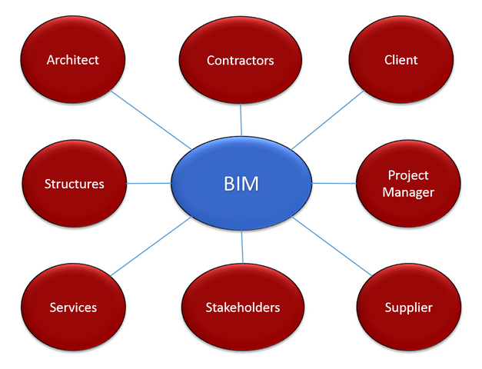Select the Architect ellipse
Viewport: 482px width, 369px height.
73,59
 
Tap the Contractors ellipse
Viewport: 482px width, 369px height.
241,60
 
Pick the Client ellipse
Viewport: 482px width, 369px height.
401,59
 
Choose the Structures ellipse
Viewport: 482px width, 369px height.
74,184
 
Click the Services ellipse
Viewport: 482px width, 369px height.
73,307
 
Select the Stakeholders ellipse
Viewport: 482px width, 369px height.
242,307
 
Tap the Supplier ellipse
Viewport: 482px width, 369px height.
408,307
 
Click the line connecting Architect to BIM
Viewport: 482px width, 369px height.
151,120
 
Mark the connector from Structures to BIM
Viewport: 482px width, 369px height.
148,183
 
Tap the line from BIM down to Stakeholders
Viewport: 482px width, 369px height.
243,247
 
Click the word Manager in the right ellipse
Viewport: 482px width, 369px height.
408,192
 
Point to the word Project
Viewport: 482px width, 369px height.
408,176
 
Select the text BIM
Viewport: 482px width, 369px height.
241,184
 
